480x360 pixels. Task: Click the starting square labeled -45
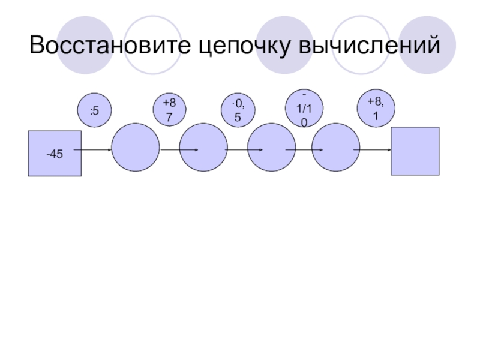(x=55, y=153)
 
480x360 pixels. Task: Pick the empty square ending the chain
(x=415, y=151)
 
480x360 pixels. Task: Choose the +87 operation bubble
(x=170, y=110)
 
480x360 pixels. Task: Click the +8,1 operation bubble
(x=376, y=109)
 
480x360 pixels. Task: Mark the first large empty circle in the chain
(x=136, y=148)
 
